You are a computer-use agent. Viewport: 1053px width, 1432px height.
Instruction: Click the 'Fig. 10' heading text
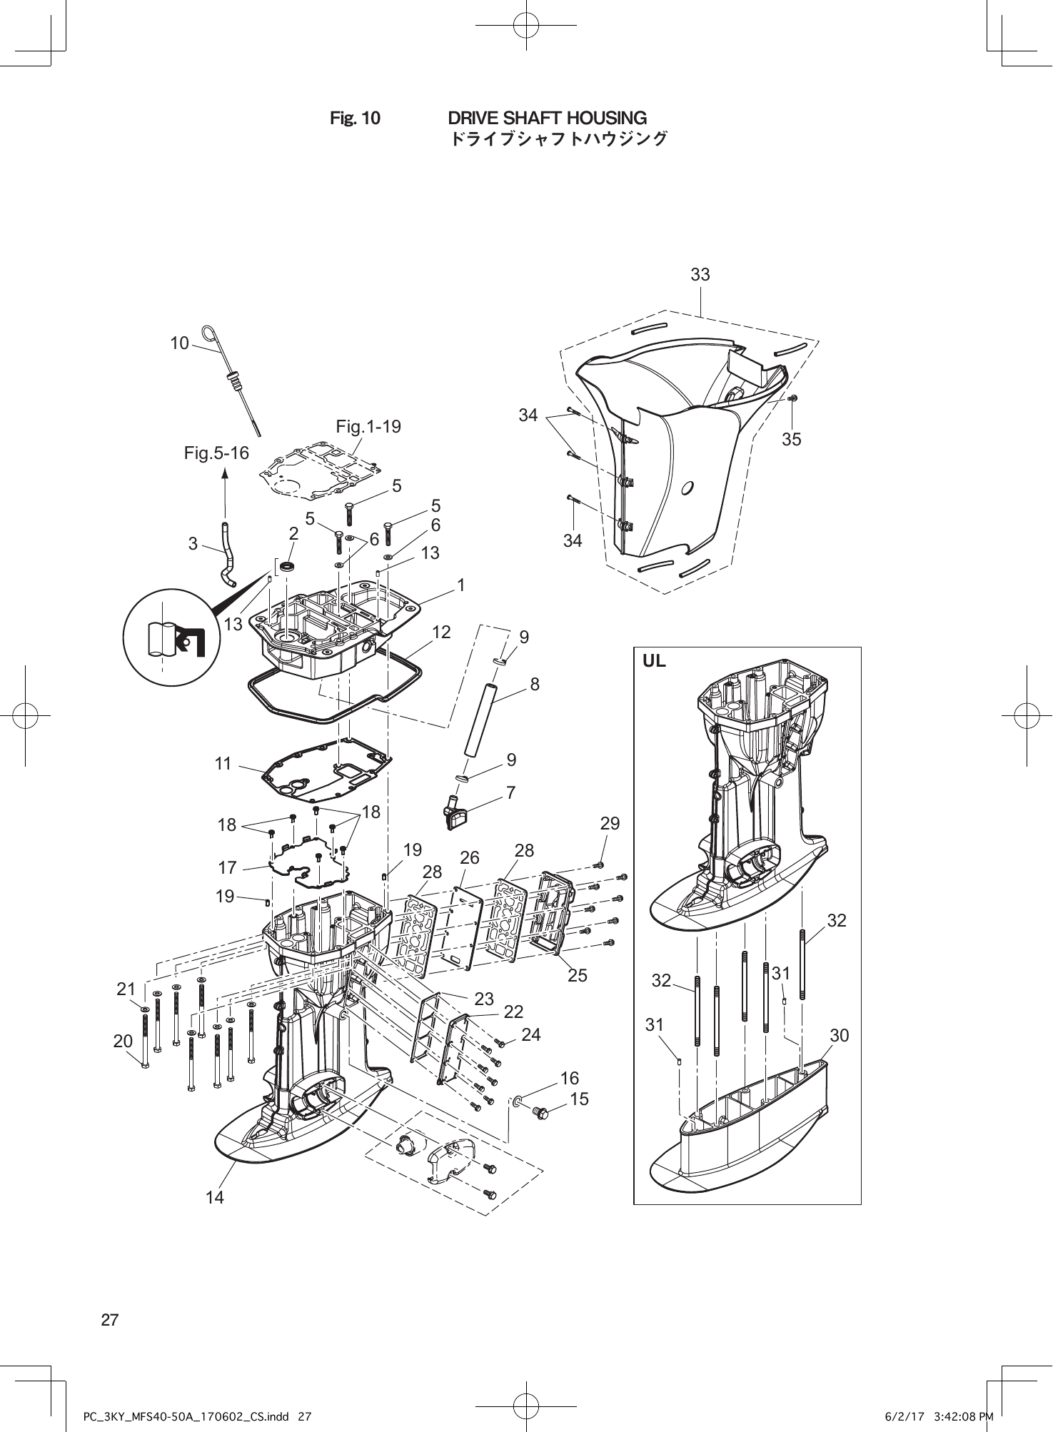pos(355,118)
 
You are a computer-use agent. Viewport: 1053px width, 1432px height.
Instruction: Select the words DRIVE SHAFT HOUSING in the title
pos(547,118)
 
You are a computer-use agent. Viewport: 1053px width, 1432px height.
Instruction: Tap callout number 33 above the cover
pos(700,275)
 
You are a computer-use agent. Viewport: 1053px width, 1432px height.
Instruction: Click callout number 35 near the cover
pos(791,440)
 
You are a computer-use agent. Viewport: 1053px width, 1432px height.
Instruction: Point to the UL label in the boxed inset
pos(654,661)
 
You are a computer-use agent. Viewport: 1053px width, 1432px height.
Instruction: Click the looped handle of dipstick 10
pos(209,333)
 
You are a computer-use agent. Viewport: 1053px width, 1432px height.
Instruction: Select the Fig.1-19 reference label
pos(368,427)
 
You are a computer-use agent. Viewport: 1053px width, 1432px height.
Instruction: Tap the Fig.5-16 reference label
pos(216,453)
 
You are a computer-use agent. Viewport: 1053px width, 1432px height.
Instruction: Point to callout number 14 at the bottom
pos(215,1197)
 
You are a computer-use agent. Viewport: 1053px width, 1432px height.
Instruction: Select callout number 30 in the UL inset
pos(840,1035)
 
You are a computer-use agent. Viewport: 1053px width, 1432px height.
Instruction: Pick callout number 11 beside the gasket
pos(223,764)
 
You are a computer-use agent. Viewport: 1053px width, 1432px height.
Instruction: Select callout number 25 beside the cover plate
pos(577,974)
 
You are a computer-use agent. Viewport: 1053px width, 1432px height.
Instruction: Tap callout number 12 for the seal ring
pos(441,632)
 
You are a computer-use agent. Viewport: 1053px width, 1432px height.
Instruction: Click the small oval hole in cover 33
pos(687,488)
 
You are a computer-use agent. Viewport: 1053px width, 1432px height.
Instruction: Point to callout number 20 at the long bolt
pos(123,1041)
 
